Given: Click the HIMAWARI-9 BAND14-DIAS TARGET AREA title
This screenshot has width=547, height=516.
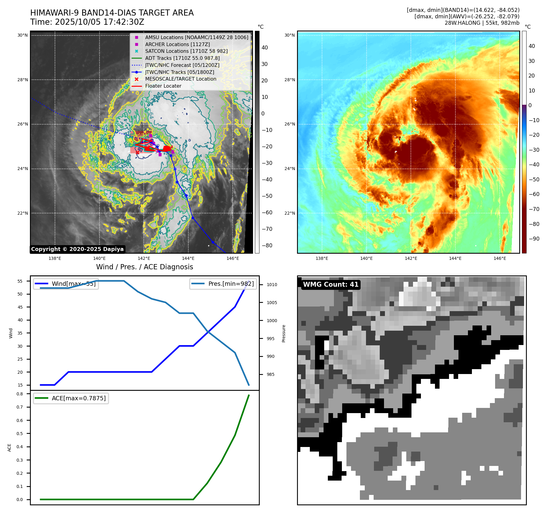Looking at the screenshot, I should point(112,13).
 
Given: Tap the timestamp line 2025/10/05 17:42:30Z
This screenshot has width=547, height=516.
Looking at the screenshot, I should point(87,22).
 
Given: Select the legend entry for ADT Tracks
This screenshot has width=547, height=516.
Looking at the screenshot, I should point(182,58).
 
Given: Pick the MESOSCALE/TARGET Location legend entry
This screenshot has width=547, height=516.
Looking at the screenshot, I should point(180,79).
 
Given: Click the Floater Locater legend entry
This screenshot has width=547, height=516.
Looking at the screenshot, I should point(163,86).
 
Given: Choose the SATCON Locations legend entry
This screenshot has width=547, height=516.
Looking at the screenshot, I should point(186,51).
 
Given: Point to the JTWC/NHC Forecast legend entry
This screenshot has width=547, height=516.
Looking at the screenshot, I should point(182,65).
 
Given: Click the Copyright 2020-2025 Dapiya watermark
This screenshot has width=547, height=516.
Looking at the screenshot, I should point(77,249).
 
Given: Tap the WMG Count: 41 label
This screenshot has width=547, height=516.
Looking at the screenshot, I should point(331,285).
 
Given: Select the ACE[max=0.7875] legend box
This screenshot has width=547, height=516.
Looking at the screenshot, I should point(71,398).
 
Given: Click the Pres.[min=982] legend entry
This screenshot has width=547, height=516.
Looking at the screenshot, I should point(223,284).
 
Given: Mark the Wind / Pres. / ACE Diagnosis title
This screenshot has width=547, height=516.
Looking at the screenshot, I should point(144,267).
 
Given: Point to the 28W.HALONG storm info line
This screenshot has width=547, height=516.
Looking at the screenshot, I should point(482,23).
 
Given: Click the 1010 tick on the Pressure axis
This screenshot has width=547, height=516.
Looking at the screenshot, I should point(272,285).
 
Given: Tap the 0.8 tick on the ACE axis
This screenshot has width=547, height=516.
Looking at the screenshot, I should point(20,394).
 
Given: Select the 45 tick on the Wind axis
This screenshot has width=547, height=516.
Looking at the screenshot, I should point(20,307).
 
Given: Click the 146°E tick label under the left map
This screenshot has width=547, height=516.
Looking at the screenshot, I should point(233,258).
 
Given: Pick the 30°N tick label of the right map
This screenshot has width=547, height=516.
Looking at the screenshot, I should point(290,35).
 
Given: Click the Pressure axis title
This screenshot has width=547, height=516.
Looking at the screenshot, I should point(284,333).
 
